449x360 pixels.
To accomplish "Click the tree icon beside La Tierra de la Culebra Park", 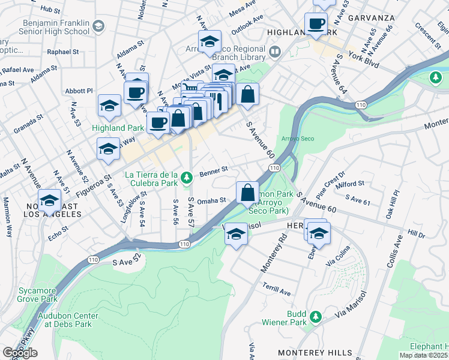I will point(187,177).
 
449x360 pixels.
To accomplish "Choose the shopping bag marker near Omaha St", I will point(247,193).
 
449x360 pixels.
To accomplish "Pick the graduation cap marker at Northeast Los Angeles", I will point(50,200).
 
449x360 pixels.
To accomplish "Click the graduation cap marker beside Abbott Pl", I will point(110,106).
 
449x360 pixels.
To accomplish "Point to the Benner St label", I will point(214,170).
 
